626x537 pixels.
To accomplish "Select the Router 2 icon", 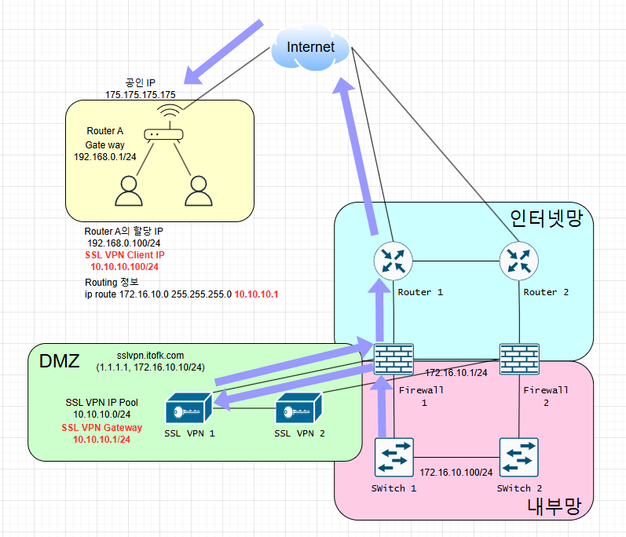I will pyautogui.click(x=518, y=261).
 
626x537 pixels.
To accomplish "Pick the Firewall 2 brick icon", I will pyautogui.click(x=518, y=360).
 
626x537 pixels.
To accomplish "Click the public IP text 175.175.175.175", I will pyautogui.click(x=140, y=94).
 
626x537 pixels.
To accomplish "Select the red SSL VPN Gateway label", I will pyautogui.click(x=101, y=428).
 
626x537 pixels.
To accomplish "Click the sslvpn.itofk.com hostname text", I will pyautogui.click(x=150, y=356).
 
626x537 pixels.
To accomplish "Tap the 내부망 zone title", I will pyautogui.click(x=555, y=507).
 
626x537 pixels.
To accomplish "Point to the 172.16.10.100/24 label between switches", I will pyautogui.click(x=456, y=473).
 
